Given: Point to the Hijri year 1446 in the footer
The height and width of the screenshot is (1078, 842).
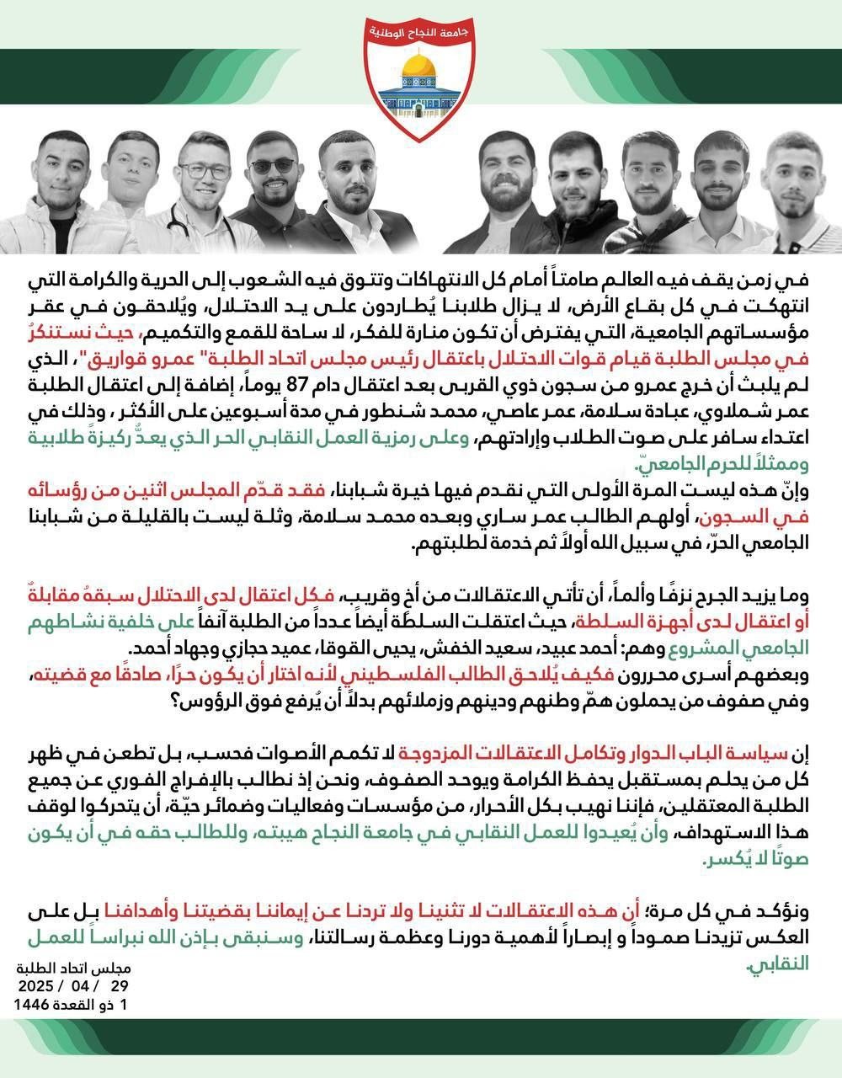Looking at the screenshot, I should coord(33,1005).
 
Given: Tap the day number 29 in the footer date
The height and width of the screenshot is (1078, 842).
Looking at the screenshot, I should coord(121,985).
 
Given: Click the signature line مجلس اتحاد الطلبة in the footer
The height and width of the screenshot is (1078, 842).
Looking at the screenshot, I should coord(83,967).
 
